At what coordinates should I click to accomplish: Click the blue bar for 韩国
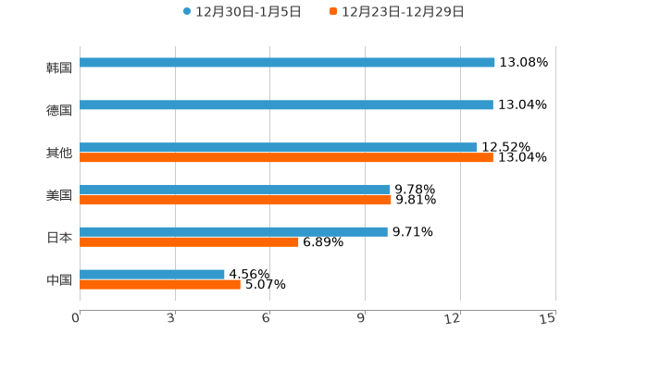tap(287, 63)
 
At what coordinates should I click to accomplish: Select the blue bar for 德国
tap(286, 105)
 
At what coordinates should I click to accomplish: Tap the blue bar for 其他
tap(279, 147)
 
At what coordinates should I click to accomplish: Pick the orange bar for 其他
tap(286, 158)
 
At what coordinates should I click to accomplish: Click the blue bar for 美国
tap(235, 189)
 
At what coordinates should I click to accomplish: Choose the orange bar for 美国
tap(235, 199)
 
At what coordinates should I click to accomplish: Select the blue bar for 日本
tap(233, 231)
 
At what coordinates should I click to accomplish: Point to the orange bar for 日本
tap(189, 241)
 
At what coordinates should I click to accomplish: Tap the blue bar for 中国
tap(152, 274)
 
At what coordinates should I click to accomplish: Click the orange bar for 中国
tap(160, 284)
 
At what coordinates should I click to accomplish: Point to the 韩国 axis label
tap(59, 68)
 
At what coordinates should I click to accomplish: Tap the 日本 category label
tap(59, 237)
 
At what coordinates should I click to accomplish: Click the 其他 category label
tap(59, 153)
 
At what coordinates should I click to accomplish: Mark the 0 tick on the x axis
tap(77, 318)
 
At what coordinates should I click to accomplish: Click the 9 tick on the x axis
tap(362, 318)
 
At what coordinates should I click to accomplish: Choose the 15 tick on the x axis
tap(548, 318)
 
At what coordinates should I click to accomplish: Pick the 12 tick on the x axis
tap(453, 318)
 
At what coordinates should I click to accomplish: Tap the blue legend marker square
tap(187, 12)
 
